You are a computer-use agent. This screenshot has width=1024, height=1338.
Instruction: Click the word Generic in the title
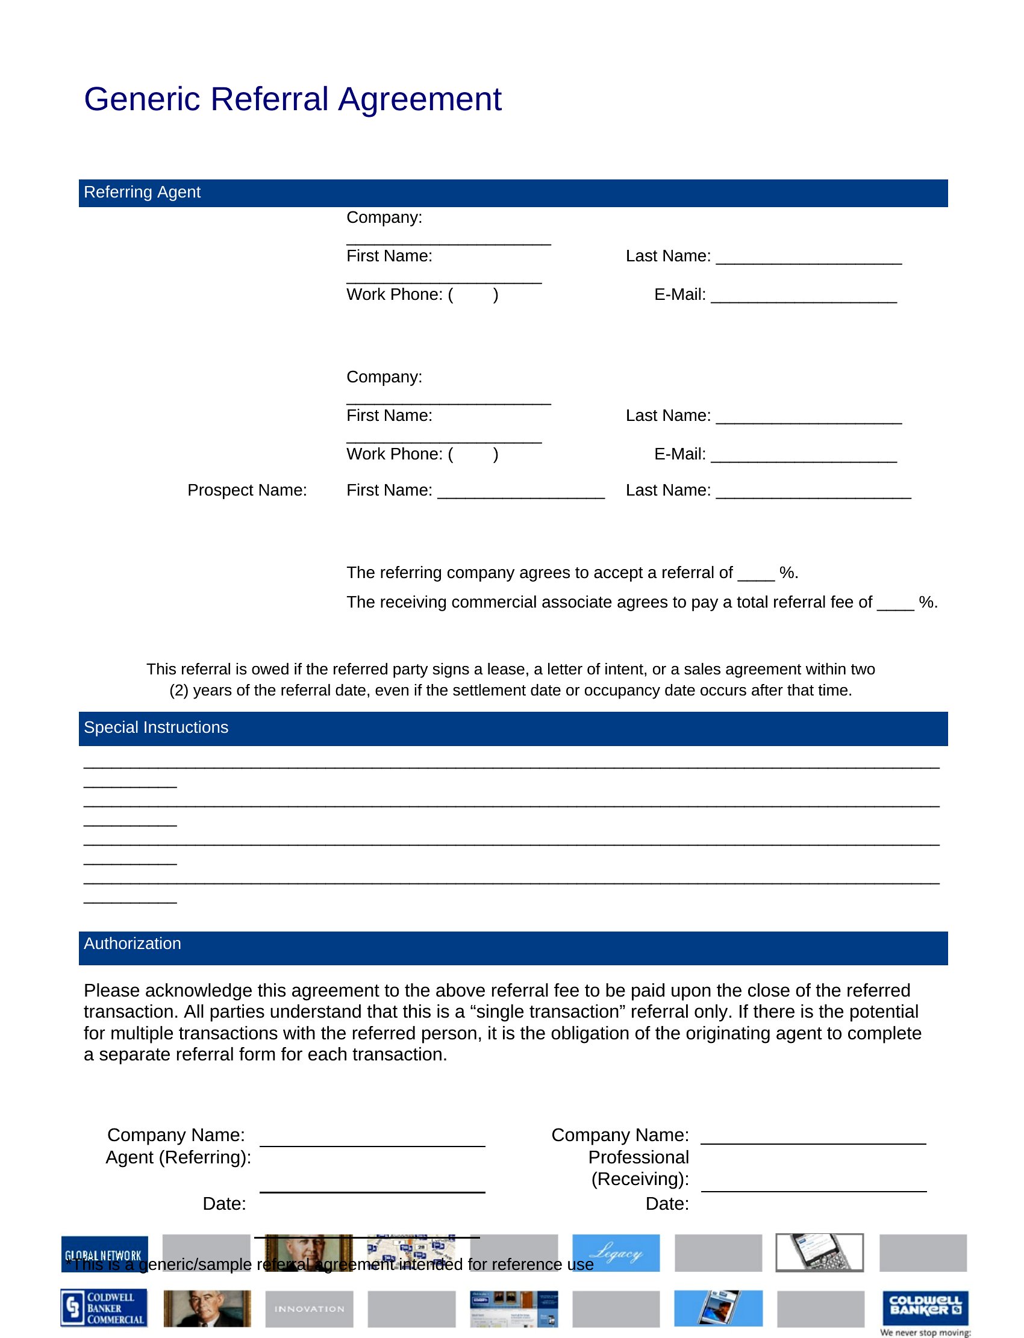tap(142, 99)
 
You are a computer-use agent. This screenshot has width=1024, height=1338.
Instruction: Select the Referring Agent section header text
tap(142, 192)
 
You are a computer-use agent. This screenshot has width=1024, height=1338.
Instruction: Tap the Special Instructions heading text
tap(156, 727)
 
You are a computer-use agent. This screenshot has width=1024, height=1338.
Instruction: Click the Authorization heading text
tap(133, 944)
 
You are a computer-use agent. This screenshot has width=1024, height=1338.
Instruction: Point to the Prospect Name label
tap(247, 491)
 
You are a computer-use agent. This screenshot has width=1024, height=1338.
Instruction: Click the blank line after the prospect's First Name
tap(521, 494)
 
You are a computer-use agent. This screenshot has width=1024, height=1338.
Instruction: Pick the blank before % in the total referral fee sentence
tap(895, 606)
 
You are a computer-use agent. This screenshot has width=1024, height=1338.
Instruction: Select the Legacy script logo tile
tap(616, 1253)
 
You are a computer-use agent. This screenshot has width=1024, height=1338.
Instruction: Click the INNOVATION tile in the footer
tap(309, 1308)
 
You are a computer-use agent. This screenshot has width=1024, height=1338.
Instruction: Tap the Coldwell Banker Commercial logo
tap(104, 1308)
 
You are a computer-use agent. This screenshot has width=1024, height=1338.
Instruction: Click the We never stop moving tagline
tap(925, 1333)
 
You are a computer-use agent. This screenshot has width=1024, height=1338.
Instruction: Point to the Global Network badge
tap(104, 1254)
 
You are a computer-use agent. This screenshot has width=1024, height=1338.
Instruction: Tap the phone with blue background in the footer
tap(718, 1308)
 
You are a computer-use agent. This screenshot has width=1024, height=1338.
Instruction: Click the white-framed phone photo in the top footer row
tap(819, 1252)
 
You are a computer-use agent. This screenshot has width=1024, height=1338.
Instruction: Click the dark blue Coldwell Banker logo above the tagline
tap(925, 1307)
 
